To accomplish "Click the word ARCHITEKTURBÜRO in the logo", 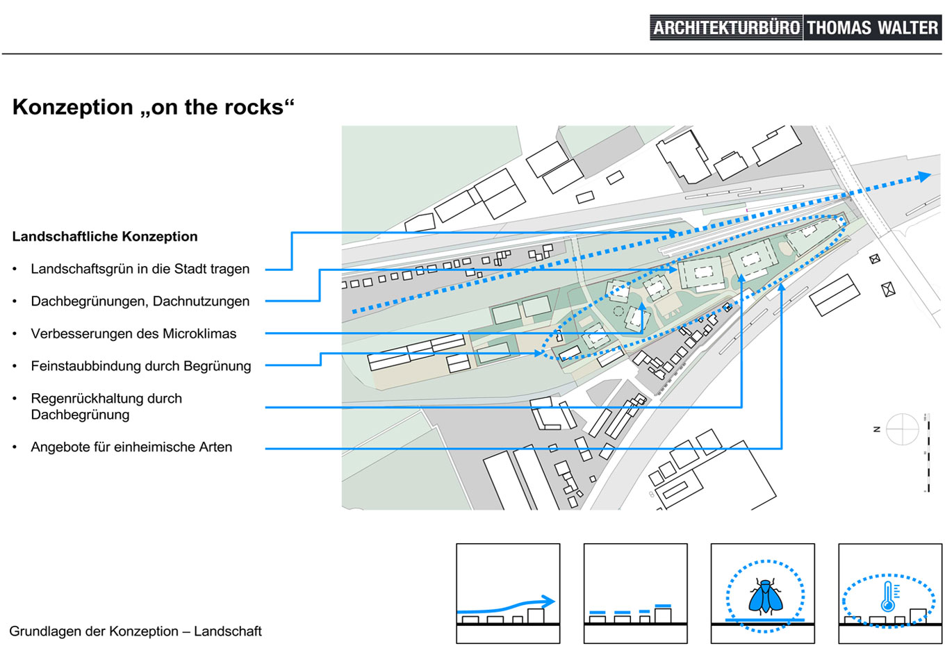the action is (x=726, y=28).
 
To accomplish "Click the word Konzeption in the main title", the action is (x=72, y=107).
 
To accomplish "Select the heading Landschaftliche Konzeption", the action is (x=105, y=236).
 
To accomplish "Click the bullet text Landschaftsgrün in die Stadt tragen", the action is (x=140, y=269).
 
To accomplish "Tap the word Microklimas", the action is (x=199, y=333).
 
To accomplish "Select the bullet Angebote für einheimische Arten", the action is (x=131, y=447).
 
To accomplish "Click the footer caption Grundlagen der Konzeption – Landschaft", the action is (x=135, y=631).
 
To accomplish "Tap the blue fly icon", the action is (x=765, y=596).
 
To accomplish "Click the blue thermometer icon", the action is (x=889, y=597).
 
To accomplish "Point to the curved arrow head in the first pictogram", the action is (x=549, y=602).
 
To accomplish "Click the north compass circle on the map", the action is (x=902, y=429).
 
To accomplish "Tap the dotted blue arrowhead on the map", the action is (x=924, y=176).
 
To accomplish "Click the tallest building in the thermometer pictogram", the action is (x=918, y=616).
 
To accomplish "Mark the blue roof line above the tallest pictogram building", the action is (x=663, y=606).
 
